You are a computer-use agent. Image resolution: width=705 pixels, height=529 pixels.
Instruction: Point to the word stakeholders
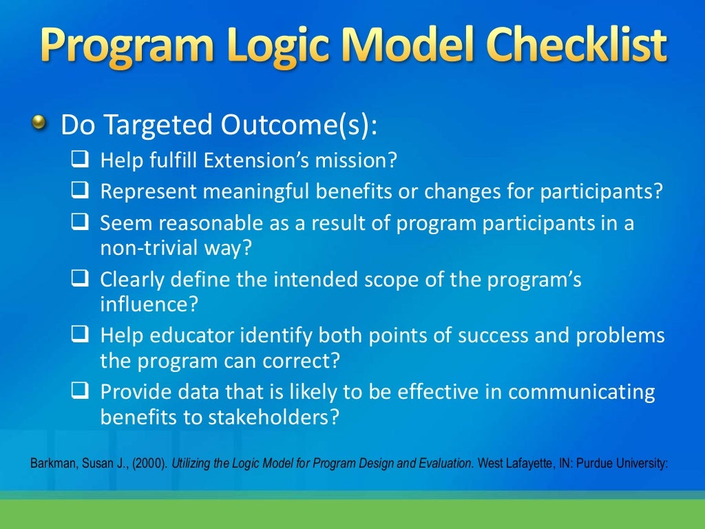click(264, 417)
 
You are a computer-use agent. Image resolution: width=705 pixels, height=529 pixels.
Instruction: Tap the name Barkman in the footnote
click(52, 463)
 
